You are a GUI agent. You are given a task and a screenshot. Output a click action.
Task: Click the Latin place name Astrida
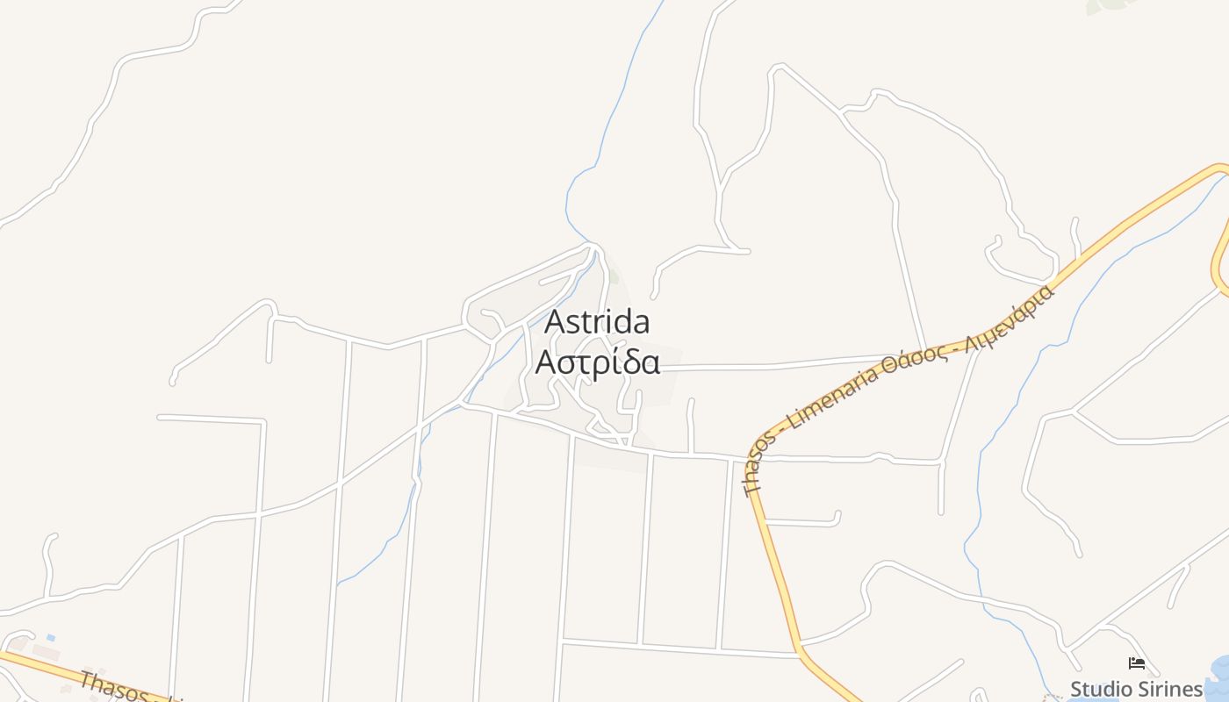597,322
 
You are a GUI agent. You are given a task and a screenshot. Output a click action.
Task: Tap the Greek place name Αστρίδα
598,362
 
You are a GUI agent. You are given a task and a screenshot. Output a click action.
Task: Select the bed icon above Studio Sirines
1137,663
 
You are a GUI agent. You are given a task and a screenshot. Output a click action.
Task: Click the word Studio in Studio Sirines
1096,689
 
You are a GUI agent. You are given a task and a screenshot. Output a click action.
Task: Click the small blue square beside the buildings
51,637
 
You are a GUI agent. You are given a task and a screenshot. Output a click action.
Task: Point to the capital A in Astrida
554,322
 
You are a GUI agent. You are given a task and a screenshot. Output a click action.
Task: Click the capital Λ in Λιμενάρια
971,340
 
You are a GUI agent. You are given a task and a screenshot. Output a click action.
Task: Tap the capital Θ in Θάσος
890,368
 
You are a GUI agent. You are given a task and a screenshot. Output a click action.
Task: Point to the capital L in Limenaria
795,423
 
